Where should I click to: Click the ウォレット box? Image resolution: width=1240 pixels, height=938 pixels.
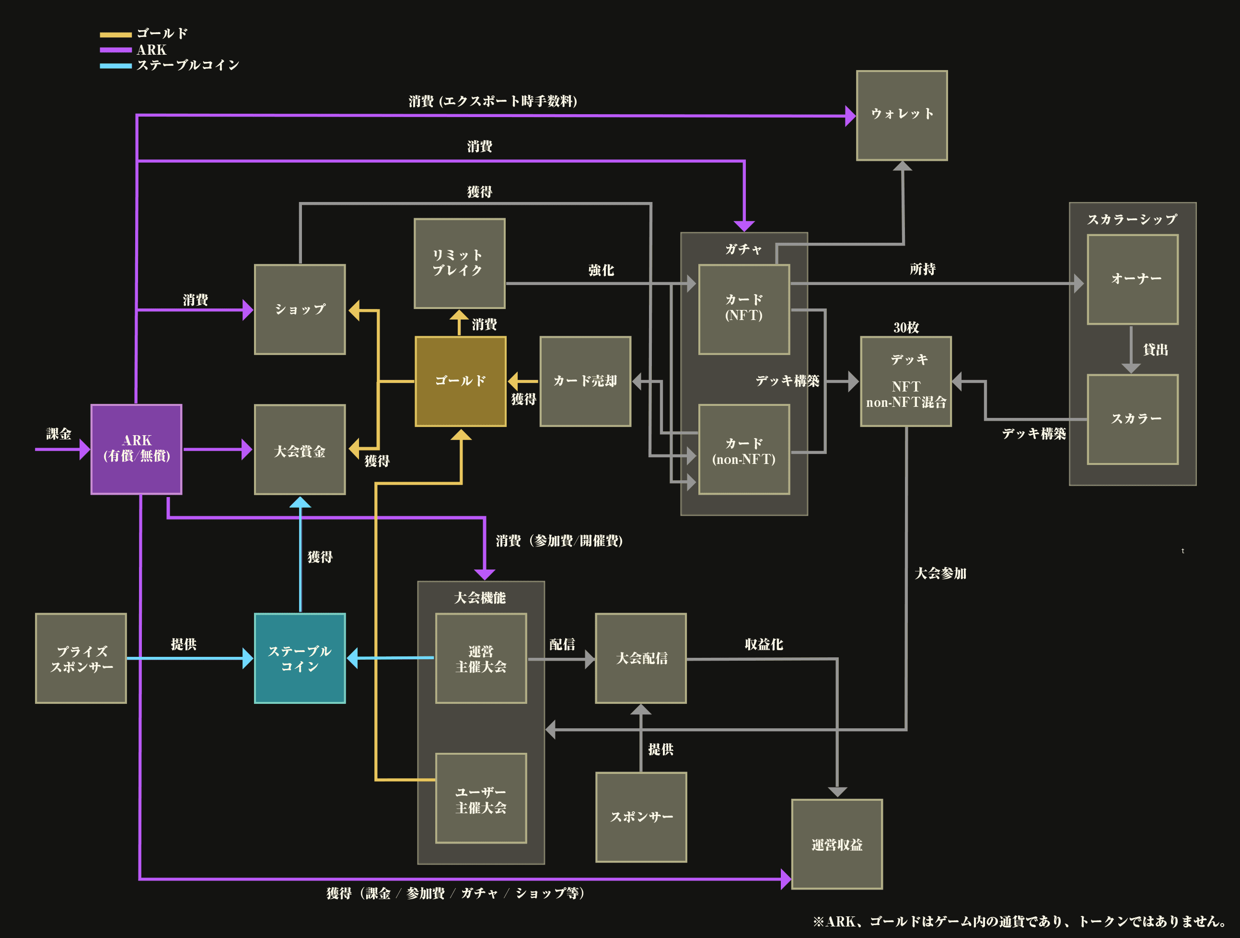coord(902,116)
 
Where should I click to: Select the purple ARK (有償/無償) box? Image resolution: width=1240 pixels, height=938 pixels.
coord(136,449)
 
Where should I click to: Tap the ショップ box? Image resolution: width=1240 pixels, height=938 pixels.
coord(300,309)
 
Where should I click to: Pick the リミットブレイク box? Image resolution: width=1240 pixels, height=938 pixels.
coord(459,263)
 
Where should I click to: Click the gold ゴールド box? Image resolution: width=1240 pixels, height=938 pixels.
coord(460,381)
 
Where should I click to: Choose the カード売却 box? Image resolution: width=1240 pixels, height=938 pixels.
coord(585,381)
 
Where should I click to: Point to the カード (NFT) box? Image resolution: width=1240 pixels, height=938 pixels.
coord(744,309)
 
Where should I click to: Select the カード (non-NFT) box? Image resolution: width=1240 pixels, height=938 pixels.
coord(744,450)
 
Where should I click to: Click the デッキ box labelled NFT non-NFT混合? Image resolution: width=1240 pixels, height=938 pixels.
coord(906,381)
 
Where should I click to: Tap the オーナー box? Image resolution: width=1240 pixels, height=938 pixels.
coord(1132,279)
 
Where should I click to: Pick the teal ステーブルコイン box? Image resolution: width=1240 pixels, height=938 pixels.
coord(300,658)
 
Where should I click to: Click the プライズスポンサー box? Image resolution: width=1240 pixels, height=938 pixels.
coord(81,658)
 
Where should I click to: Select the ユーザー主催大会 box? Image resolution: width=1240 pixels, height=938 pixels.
coord(481,798)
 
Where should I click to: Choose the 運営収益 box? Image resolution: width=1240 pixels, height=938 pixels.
coord(837,844)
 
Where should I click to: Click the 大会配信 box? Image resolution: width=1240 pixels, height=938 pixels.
coord(641,658)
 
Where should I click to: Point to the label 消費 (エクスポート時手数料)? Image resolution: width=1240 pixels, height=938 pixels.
coord(493,101)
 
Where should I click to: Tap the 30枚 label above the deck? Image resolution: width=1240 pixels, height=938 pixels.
coord(906,328)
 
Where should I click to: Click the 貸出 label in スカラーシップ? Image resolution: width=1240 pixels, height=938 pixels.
coord(1155,349)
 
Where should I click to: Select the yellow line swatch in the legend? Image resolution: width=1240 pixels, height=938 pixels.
coord(116,35)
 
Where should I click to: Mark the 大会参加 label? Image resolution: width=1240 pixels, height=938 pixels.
coord(940,573)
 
